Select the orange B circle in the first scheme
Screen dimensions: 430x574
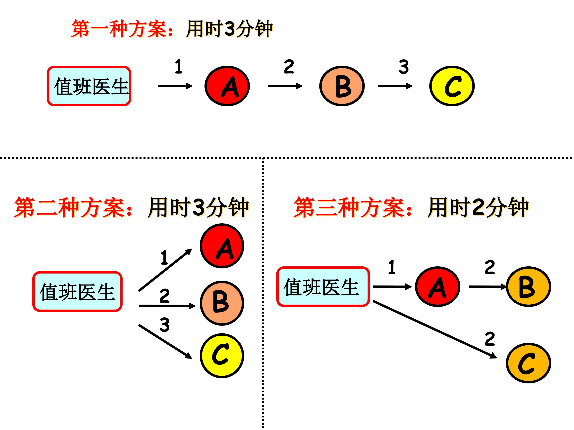pos(342,86)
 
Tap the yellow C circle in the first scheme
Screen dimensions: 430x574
pos(452,86)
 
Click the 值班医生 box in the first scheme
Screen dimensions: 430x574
pos(89,86)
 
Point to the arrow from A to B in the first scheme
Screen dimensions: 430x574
pos(285,86)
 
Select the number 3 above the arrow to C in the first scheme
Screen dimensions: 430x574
pos(404,67)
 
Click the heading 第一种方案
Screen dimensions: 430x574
pos(122,28)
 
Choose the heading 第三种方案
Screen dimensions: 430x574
pos(353,207)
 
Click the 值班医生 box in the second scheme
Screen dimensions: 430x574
pos(77,292)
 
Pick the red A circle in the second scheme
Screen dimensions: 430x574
pos(222,246)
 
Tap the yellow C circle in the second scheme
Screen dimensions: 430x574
pos(222,356)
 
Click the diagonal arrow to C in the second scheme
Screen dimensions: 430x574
pos(165,341)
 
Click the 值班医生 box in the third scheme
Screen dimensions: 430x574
pos(323,287)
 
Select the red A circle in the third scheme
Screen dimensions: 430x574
pos(437,287)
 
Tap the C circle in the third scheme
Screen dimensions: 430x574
pos(528,363)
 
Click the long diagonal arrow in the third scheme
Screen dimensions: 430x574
pos(435,329)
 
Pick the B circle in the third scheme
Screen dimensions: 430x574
pos(528,287)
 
